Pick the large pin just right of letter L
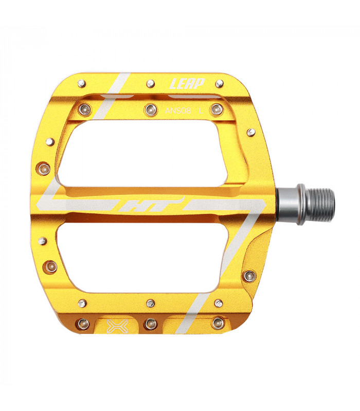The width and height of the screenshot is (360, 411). [217, 108]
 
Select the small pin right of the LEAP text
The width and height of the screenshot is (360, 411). [220, 83]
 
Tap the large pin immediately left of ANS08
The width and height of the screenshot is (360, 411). [150, 108]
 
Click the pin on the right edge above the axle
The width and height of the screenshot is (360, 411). [250, 133]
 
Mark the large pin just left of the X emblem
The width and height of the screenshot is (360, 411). [83, 324]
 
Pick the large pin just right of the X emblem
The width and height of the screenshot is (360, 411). [150, 324]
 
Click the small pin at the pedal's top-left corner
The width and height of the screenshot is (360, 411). [81, 82]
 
